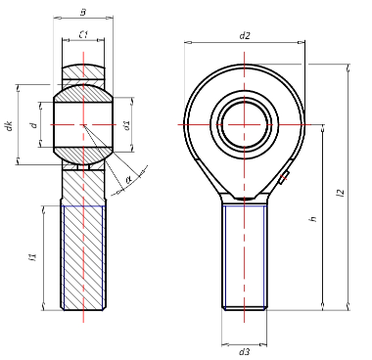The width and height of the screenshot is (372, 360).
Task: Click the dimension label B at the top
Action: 83,13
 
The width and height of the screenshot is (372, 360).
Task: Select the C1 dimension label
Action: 84,34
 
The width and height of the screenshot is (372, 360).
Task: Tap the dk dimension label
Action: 10,125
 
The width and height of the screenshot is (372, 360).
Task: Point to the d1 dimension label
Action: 127,125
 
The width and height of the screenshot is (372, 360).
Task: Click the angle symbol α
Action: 128,179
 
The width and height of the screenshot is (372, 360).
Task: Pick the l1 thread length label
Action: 32,257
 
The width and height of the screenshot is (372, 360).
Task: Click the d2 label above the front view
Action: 245,35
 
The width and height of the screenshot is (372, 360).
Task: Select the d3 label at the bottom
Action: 244,352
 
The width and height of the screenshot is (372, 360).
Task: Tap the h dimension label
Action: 313,218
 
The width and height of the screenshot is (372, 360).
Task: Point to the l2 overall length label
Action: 341,193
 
